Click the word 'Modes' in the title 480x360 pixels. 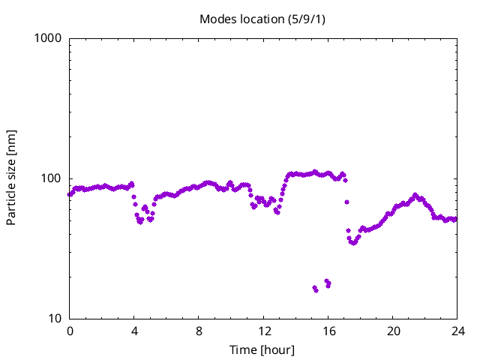pyautogui.click(x=216, y=19)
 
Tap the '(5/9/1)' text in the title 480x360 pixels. pyautogui.click(x=307, y=19)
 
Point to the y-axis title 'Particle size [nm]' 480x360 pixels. pyautogui.click(x=11, y=178)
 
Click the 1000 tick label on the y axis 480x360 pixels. pyautogui.click(x=49, y=38)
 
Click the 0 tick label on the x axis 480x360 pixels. pyautogui.click(x=70, y=331)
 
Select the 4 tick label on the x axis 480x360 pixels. pyautogui.click(x=134, y=331)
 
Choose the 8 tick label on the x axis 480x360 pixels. pyautogui.click(x=199, y=331)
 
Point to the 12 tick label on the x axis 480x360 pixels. pyautogui.click(x=264, y=331)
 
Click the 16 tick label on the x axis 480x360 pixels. pyautogui.click(x=328, y=331)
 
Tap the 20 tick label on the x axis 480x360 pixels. pyautogui.click(x=393, y=331)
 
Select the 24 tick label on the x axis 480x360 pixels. pyautogui.click(x=457, y=331)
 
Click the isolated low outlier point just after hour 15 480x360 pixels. pyautogui.click(x=315, y=289)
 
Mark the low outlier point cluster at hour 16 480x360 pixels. pyautogui.click(x=328, y=283)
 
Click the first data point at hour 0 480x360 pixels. pyautogui.click(x=70, y=194)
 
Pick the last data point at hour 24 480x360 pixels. pyautogui.click(x=455, y=219)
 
